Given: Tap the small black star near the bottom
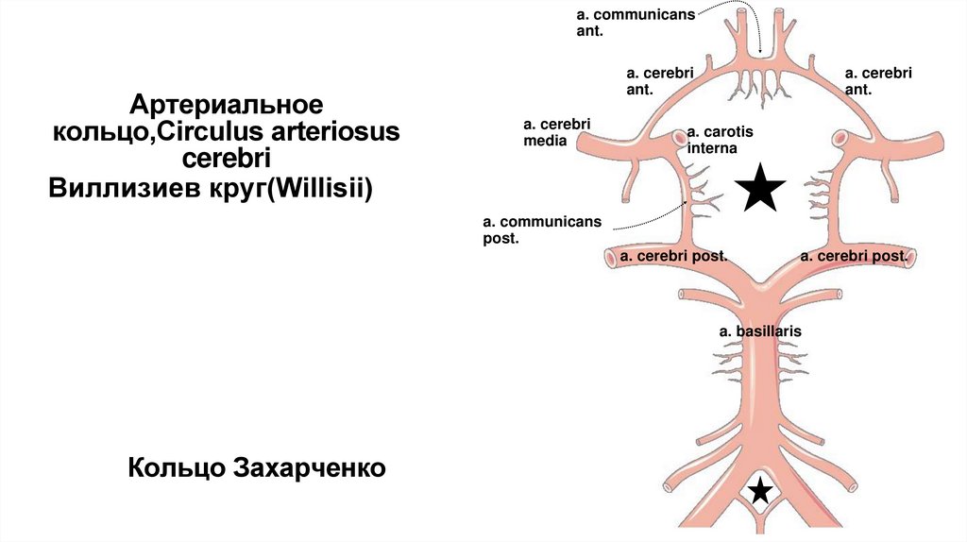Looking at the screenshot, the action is click(x=760, y=491).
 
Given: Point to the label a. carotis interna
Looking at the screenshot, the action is click(x=714, y=140).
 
